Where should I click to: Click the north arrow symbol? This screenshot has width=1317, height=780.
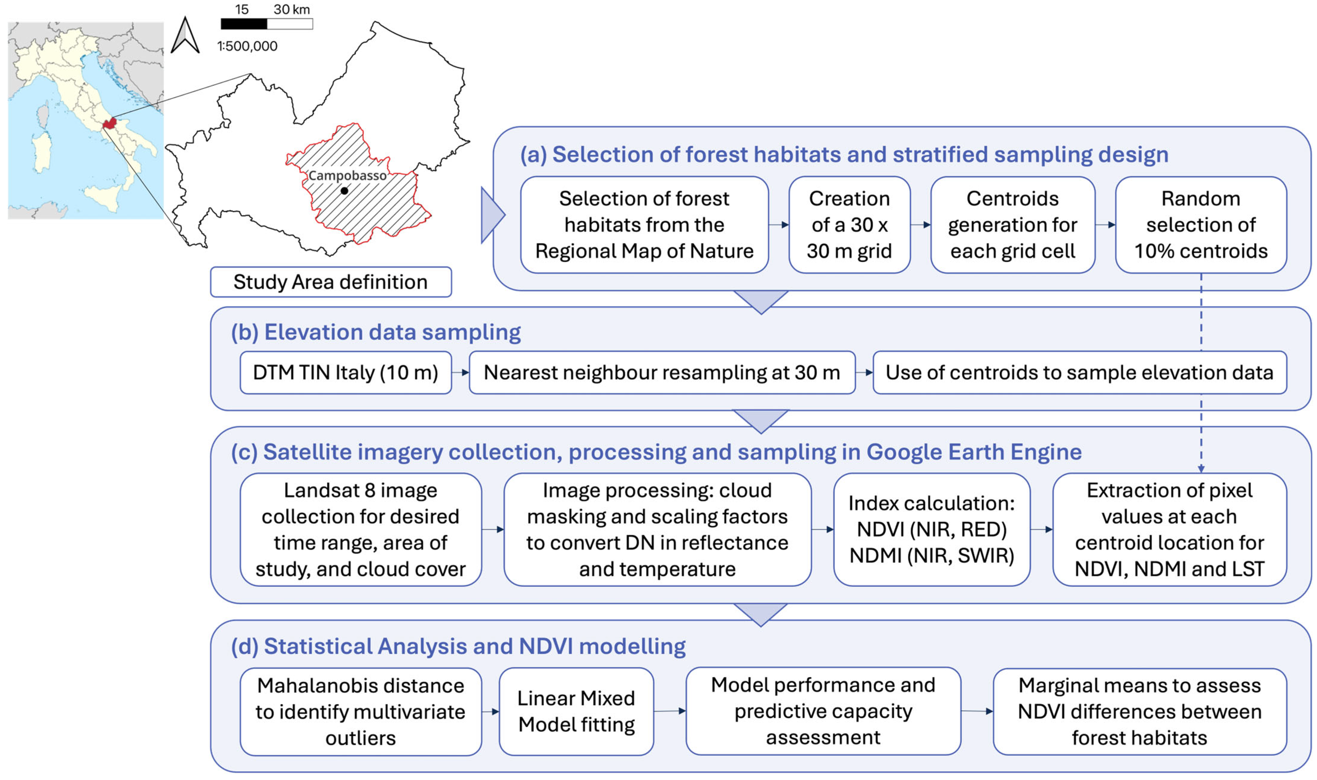pos(185,36)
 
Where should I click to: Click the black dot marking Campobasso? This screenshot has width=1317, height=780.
pos(344,191)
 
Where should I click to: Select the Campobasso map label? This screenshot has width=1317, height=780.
pos(347,175)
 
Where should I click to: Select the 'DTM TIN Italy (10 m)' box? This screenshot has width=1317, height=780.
pos(346,373)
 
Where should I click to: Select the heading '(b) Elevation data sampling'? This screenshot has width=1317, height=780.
pos(376,332)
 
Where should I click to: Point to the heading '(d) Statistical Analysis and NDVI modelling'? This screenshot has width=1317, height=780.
pos(458,646)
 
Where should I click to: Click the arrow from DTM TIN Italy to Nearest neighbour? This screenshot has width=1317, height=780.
pos(460,373)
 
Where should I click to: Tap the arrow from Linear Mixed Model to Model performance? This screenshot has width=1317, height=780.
pos(670,711)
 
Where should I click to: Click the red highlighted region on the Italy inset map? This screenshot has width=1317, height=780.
pos(109,123)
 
